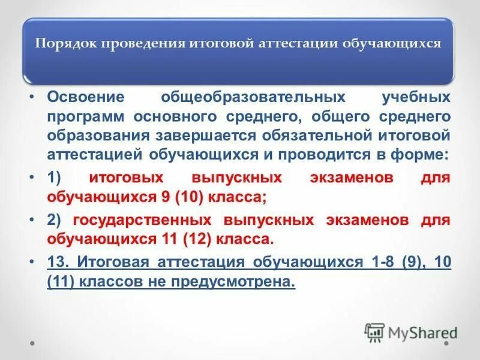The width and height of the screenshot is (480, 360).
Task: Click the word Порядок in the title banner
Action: [67, 45]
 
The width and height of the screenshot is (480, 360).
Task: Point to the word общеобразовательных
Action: [253, 97]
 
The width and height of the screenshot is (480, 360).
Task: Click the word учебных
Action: [416, 97]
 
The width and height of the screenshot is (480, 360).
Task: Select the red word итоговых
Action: [128, 178]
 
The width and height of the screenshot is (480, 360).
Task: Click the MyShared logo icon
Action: [374, 332]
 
